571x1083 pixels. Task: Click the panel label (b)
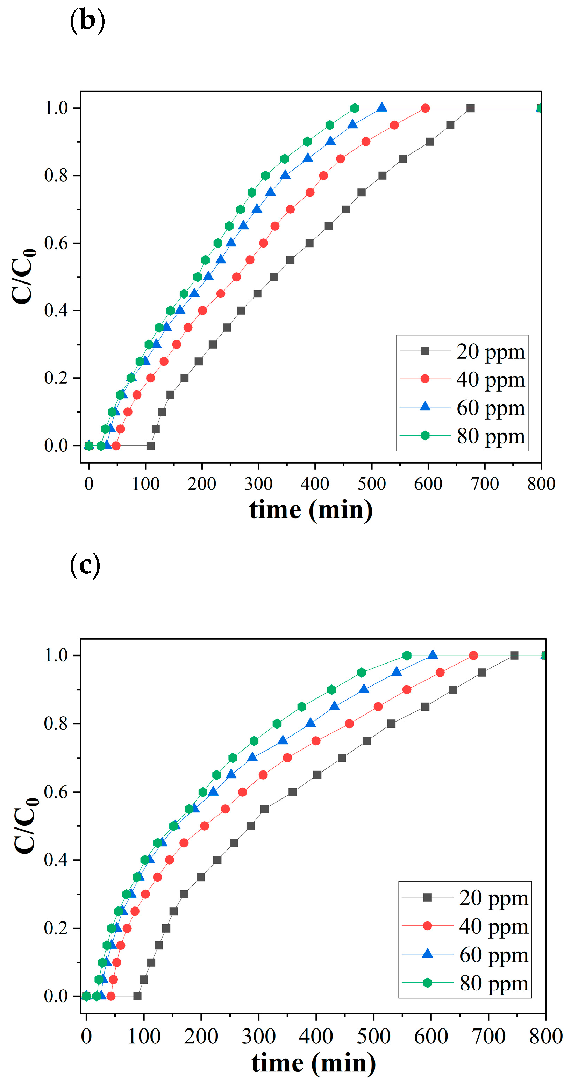tap(87, 21)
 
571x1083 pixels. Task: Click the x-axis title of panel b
tap(311, 510)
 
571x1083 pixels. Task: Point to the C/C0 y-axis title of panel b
tap(23, 276)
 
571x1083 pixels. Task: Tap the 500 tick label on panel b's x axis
tap(371, 484)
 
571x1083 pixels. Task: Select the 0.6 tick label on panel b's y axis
tap(56, 243)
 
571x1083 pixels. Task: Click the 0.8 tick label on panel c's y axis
tap(56, 724)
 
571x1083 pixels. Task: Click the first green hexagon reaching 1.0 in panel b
tap(355, 108)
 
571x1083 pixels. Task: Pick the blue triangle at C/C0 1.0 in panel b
tap(382, 108)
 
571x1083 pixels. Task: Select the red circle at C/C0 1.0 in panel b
tap(425, 108)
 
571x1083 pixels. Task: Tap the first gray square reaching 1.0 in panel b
tap(471, 108)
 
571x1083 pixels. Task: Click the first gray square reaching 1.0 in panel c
tap(514, 655)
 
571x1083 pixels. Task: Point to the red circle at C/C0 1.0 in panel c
tap(473, 655)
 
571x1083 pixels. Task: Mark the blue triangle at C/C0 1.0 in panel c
tap(433, 655)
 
